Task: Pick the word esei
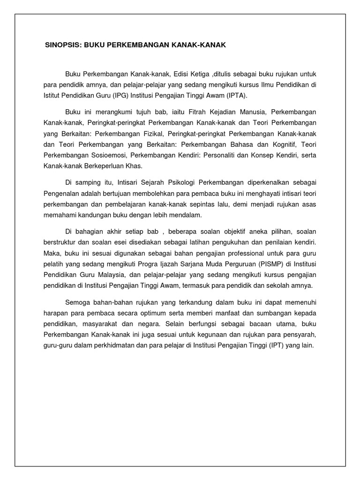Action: tap(110, 243)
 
